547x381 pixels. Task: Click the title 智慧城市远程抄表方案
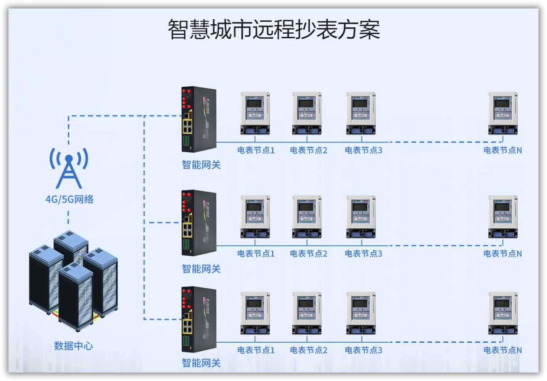pyautogui.click(x=273, y=29)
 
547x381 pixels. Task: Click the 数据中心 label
pyautogui.click(x=73, y=346)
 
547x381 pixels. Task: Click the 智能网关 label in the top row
pyautogui.click(x=201, y=165)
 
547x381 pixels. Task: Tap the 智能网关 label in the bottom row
pyautogui.click(x=201, y=363)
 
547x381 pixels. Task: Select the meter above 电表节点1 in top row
pyautogui.click(x=255, y=113)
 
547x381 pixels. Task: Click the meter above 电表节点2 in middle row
pyautogui.click(x=307, y=216)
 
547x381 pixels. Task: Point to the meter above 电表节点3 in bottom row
pyautogui.click(x=361, y=313)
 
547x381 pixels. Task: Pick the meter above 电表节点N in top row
pyautogui.click(x=503, y=113)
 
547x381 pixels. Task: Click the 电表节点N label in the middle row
pyautogui.click(x=502, y=254)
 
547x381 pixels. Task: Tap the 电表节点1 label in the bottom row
pyautogui.click(x=256, y=350)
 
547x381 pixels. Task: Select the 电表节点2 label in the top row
pyautogui.click(x=308, y=150)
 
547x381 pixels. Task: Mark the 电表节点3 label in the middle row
pyautogui.click(x=363, y=254)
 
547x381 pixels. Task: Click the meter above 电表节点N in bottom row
pyautogui.click(x=503, y=313)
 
